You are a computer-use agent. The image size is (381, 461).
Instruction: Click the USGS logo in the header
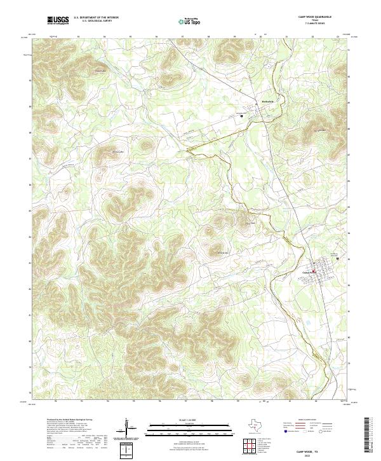click(58, 20)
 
